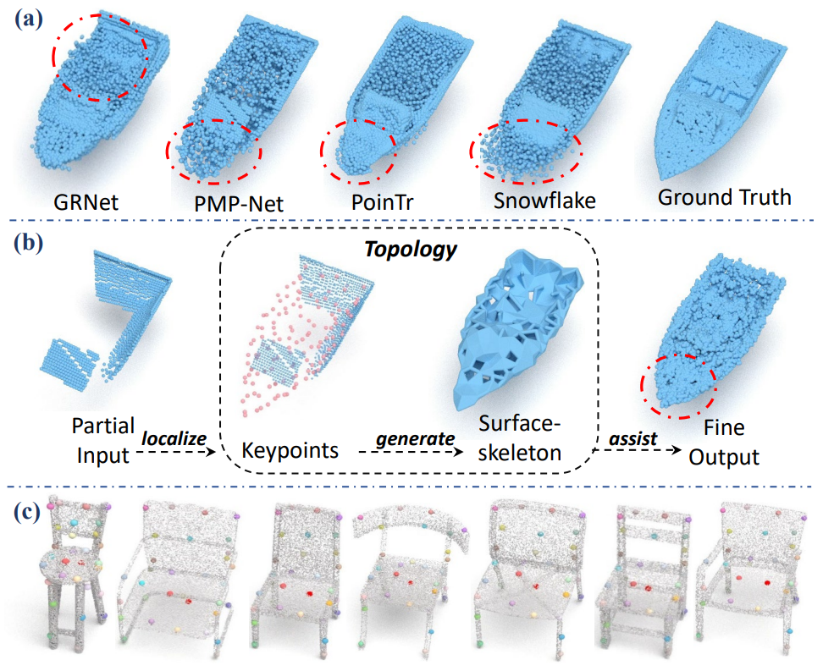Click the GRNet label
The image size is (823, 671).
pos(86,202)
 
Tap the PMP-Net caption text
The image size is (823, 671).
pos(239,204)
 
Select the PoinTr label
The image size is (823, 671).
pos(382,202)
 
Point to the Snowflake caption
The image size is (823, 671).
pos(544,201)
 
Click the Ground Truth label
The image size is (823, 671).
pos(724,197)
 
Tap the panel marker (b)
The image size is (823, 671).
pos(28,244)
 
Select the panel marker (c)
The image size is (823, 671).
pos(27,513)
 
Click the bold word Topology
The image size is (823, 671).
pos(411,250)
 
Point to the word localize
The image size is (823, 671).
pos(174,438)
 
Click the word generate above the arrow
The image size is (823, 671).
pos(415,438)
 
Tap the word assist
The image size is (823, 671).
pos(633,438)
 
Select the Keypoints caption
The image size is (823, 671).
pos(290,450)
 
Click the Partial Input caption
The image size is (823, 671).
pos(103,441)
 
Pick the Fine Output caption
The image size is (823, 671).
pos(724,443)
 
